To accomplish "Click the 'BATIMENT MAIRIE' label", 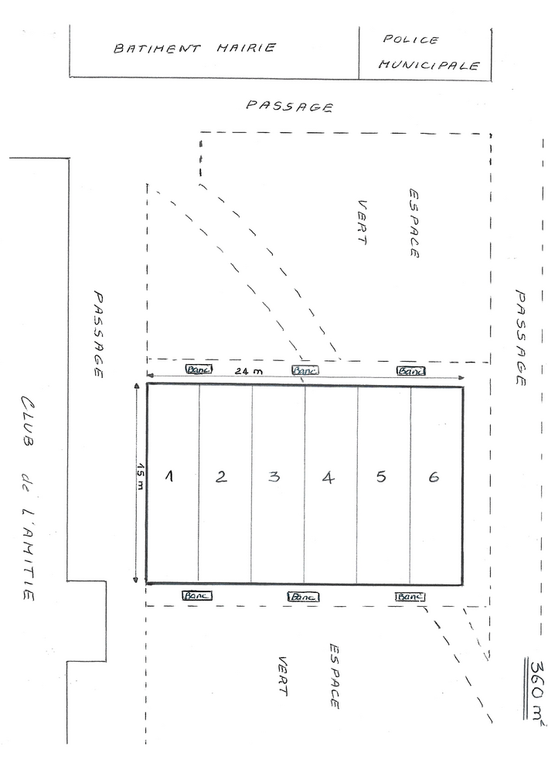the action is point(195,48).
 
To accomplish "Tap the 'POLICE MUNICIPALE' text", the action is point(429,53).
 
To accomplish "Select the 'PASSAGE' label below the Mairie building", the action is point(290,106).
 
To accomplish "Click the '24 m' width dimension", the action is point(248,371).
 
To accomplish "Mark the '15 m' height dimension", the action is point(141,477).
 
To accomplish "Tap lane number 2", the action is point(221,476).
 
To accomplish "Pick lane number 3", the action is point(274,476).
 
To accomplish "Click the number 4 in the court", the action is point(328,477).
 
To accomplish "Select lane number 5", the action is point(381,476).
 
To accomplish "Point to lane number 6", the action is point(434,477).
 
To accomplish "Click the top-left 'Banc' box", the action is point(199,369).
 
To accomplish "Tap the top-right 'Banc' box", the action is point(411,371).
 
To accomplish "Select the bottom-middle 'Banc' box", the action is point(303,597).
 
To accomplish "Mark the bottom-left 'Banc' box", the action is point(197,595).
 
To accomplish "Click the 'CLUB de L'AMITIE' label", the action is point(28,498).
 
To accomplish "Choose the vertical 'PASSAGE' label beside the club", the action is point(98,335).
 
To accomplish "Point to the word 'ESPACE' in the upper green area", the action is point(414,223).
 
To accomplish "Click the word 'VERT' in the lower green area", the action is point(282,676).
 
